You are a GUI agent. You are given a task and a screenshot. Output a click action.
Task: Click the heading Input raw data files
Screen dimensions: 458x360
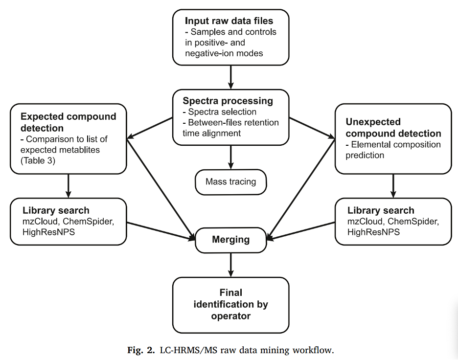coord(229,21)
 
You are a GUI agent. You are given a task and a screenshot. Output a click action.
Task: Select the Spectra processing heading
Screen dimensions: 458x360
coord(228,101)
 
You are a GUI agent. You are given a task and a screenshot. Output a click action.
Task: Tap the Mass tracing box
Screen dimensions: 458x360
coord(231,182)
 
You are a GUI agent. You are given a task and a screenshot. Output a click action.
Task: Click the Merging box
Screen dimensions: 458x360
coord(231,240)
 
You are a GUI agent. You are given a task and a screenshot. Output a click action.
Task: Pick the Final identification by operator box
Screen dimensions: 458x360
coord(231,305)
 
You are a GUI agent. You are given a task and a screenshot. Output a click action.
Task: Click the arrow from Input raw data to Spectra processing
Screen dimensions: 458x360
coord(231,77)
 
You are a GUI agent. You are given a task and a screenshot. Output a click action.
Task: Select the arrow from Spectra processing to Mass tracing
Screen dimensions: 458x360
coord(231,157)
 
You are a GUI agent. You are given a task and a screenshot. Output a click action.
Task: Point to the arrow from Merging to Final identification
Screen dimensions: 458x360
coord(231,265)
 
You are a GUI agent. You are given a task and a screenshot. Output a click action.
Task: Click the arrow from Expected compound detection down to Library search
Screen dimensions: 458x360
coord(69,186)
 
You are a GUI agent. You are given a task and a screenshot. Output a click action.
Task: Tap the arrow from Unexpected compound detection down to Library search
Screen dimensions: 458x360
coord(393,186)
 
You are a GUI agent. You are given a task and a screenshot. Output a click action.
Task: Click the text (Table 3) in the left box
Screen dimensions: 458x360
coord(38,160)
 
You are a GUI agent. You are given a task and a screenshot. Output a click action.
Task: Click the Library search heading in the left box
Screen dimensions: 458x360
coord(56,210)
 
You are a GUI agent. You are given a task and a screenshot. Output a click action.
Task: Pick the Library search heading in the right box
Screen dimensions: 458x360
coord(381,210)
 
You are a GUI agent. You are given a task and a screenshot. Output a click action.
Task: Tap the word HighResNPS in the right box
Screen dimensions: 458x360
coord(373,232)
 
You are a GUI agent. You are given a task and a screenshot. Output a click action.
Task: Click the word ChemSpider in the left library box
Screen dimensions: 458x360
coord(88,221)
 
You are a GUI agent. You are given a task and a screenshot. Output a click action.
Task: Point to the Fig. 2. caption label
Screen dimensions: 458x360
coord(141,350)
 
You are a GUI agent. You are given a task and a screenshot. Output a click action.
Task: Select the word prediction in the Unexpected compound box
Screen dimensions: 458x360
coord(365,156)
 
